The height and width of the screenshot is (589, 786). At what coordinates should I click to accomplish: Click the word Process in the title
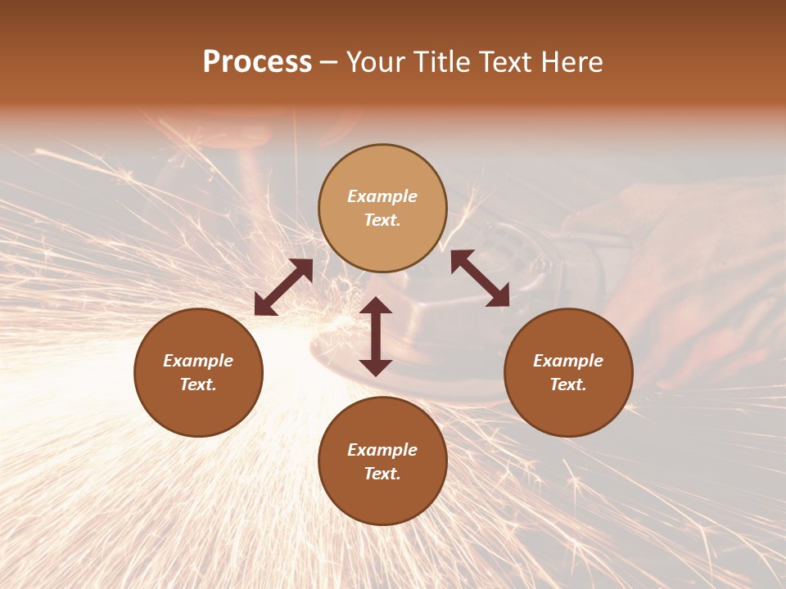pos(257,62)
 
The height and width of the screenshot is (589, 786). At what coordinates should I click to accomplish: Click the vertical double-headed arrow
pos(376,336)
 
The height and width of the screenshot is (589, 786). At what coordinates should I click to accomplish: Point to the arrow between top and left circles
pos(283,287)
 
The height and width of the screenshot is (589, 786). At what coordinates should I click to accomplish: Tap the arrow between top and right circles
pos(480,278)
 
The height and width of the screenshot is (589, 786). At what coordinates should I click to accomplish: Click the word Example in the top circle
pos(382,196)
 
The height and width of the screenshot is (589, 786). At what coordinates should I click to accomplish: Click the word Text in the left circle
pos(198,384)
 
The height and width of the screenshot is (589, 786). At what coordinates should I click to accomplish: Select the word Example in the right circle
pos(568,361)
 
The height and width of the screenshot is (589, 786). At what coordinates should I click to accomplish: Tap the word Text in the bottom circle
pos(382,474)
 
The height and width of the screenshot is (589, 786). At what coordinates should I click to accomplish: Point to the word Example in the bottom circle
pos(382,450)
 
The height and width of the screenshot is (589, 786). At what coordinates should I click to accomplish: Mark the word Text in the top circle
pos(382,220)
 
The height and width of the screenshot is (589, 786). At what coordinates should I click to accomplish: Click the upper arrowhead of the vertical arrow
pos(376,304)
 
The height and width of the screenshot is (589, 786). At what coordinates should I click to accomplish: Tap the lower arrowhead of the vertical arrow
pos(376,367)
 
